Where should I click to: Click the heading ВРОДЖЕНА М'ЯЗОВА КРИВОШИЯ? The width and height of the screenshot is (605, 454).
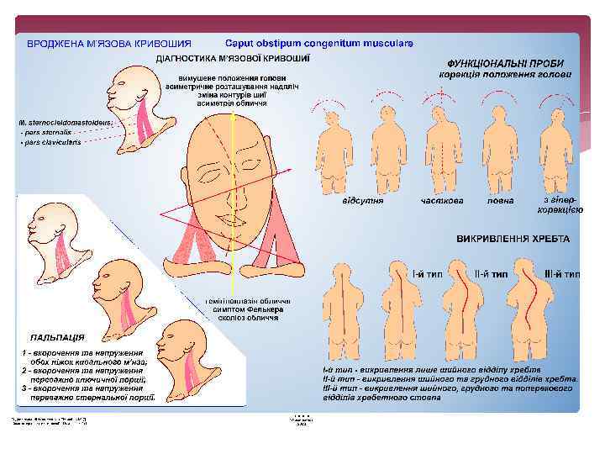coord(109,43)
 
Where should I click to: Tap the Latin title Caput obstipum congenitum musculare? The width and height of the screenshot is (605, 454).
coord(318,43)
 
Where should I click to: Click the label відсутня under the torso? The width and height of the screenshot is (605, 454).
coord(363,201)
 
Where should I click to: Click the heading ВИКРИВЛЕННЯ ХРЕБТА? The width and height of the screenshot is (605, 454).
coord(513,239)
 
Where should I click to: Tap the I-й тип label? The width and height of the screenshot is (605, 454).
coord(427,274)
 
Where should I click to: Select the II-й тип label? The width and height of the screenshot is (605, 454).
coord(492,274)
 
